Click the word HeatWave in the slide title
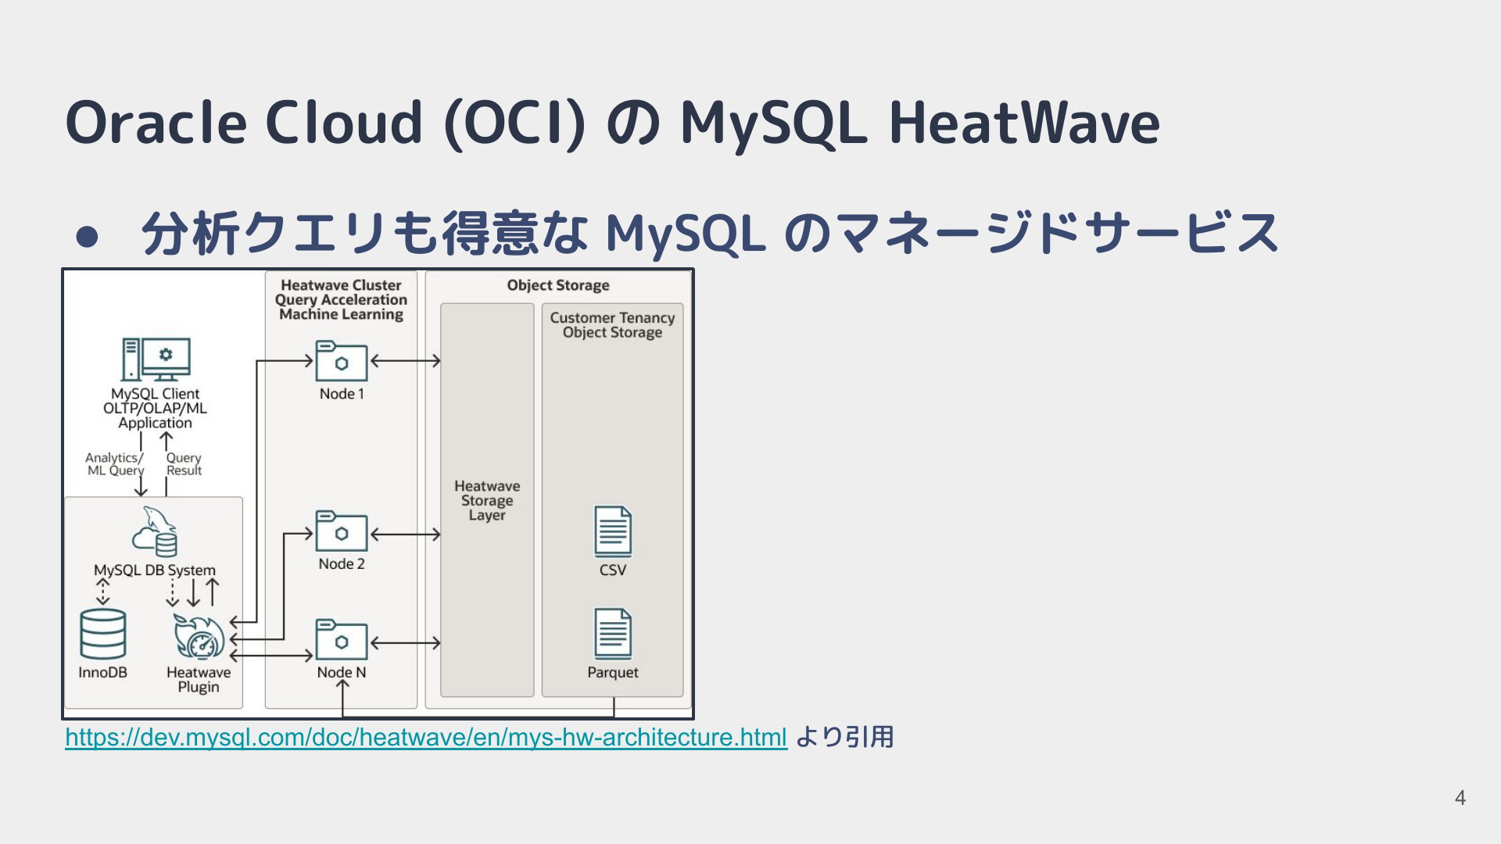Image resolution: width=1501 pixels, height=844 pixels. point(1024,123)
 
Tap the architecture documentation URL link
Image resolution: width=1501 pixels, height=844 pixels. point(426,737)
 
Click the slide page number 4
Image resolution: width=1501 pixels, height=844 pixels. point(1460,798)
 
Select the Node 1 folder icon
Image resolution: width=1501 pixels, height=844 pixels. point(342,361)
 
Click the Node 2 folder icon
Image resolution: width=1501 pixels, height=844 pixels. point(342,531)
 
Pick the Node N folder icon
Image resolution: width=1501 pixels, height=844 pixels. point(342,640)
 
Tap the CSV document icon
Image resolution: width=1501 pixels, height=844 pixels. point(613,531)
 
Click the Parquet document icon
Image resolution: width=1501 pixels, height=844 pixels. point(613,634)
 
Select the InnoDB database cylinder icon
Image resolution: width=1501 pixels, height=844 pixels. point(103,634)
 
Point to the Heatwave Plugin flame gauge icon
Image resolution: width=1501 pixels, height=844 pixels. point(199,636)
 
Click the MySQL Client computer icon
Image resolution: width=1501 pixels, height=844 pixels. point(156,359)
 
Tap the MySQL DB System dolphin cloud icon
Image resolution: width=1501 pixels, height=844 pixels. point(155,531)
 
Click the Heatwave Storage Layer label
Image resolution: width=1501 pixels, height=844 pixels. point(487,501)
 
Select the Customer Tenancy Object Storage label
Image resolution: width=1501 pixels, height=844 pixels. point(612,325)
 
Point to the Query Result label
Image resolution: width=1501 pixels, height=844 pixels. point(184,464)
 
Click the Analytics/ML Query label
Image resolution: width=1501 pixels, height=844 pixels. point(115,464)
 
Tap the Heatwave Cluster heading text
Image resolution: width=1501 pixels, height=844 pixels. point(341,285)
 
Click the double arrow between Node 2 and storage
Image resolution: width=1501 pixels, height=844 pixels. point(406,535)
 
